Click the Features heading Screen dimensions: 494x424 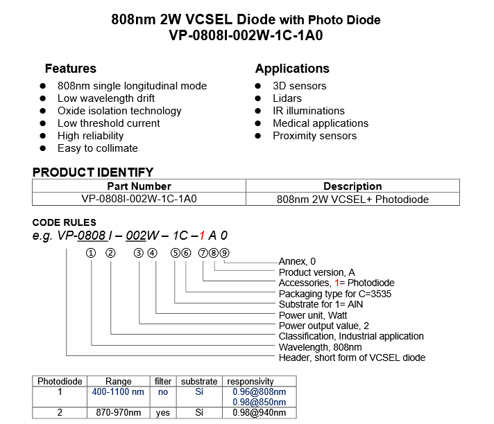coord(71,69)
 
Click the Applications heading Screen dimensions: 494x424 coord(292,69)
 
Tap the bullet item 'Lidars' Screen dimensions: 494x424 coord(287,98)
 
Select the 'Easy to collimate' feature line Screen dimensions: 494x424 coord(98,148)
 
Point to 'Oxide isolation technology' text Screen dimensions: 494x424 coord(119,111)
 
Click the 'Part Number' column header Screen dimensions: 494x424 coord(139,186)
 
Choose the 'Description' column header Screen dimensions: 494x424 coord(352,186)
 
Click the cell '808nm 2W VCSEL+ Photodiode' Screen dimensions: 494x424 coord(352,199)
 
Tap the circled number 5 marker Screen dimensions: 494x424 coord(175,253)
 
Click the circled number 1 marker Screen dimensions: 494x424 coord(91,253)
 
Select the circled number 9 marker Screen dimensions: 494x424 coord(224,253)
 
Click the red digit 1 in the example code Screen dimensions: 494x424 coord(202,236)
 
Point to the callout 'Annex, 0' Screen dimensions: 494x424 coord(297,261)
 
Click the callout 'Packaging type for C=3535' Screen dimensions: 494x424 coord(335,294)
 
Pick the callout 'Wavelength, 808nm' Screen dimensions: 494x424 coord(320,347)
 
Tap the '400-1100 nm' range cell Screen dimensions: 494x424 coord(118,392)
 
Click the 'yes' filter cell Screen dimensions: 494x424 coord(163,413)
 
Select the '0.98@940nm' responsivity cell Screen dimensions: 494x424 coord(259,413)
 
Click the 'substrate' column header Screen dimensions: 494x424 coord(199,382)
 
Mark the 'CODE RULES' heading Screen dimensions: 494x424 coord(65,222)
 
